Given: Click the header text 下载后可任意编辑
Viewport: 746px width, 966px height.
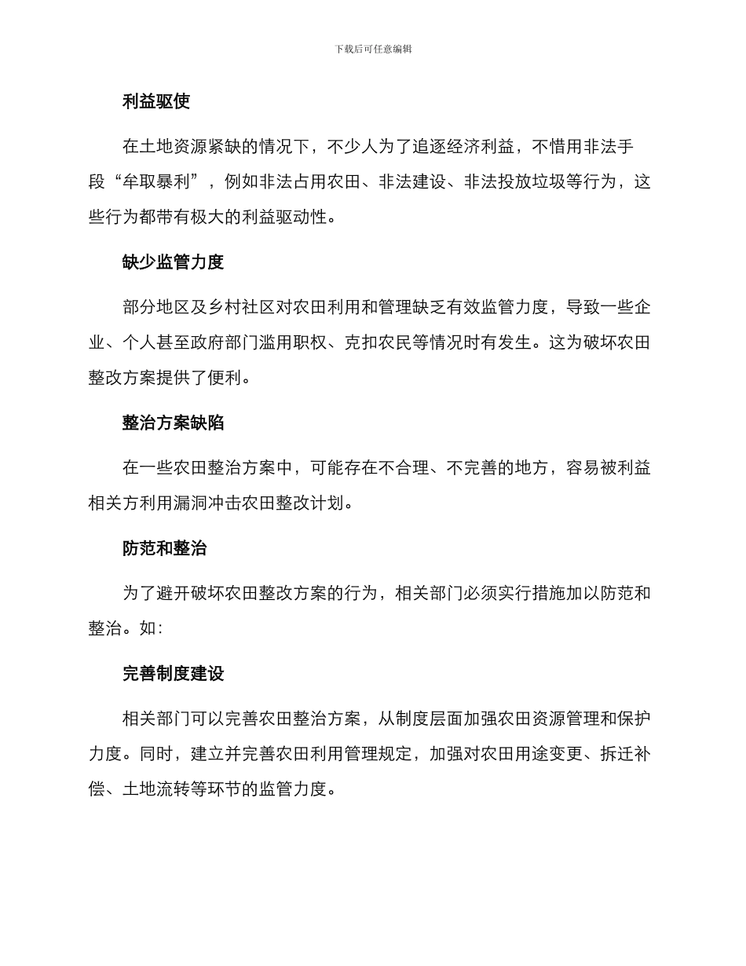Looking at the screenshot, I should click(373, 49).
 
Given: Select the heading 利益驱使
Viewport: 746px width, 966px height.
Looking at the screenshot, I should click(156, 101).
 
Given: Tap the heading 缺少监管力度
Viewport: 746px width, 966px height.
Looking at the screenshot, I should click(173, 262).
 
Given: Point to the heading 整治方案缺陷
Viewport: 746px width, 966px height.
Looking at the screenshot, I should click(173, 423).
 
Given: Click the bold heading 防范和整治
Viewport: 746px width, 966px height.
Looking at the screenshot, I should click(164, 548).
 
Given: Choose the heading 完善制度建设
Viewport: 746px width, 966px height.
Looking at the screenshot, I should click(173, 674).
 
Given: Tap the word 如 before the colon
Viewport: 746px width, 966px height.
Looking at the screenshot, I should click(148, 629).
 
